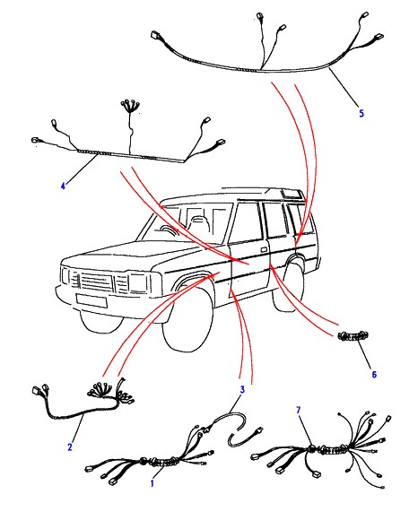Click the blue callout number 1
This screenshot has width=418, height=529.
[x=152, y=483]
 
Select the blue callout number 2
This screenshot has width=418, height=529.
[x=70, y=447]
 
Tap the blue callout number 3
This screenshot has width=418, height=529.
[x=242, y=390]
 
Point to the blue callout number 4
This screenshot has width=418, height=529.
[x=63, y=186]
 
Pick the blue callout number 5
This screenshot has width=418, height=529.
[x=361, y=113]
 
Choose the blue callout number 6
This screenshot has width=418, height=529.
[x=374, y=375]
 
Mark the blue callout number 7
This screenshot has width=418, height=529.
[x=298, y=411]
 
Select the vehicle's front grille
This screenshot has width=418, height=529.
[x=96, y=281]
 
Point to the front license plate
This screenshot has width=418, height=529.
[x=91, y=300]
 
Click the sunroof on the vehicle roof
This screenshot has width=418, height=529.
[x=291, y=194]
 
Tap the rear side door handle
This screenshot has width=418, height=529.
[x=264, y=250]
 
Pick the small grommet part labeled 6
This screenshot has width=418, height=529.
[x=353, y=336]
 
